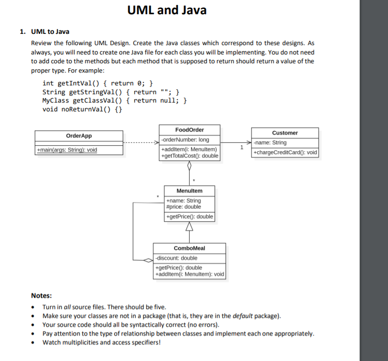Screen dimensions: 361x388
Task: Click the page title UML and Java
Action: [167, 10]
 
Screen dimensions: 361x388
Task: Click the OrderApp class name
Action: [79, 136]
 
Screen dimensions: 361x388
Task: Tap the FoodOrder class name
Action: [190, 130]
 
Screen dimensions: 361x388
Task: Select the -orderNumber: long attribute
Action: [185, 140]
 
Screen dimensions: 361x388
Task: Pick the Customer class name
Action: [285, 133]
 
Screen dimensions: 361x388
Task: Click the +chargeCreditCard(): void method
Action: [285, 153]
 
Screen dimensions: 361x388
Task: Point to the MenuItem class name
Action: [189, 190]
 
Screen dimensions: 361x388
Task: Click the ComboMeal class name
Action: [189, 248]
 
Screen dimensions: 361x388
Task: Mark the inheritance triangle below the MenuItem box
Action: [189, 227]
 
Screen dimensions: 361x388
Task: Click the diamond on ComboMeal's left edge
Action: [148, 260]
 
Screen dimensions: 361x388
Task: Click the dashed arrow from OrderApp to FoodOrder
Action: [141, 143]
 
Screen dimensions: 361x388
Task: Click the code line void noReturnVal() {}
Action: [83, 109]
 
